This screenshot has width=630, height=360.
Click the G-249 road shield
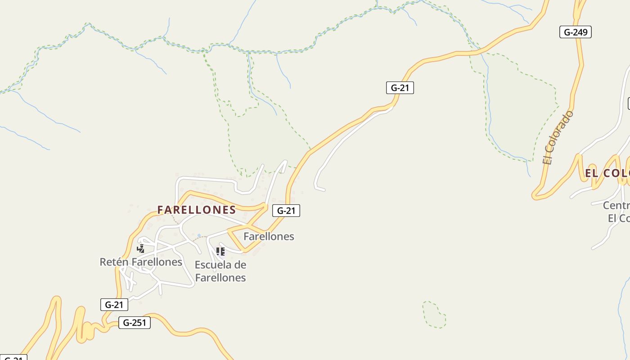point(575,32)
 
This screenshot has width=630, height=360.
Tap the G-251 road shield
point(134,323)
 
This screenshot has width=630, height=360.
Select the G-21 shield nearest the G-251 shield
point(114,305)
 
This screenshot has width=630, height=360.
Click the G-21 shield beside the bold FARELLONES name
point(286,210)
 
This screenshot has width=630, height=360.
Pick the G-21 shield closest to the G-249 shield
point(400,88)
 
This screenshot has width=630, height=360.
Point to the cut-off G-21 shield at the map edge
point(13,358)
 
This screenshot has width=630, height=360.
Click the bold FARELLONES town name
point(197,210)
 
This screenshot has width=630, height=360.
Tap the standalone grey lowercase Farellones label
point(269,236)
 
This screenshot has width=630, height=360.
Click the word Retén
point(114,262)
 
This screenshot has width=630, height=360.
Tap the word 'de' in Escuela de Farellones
point(240,265)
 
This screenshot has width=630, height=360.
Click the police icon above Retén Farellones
point(141,248)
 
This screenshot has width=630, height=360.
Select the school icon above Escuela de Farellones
point(220,251)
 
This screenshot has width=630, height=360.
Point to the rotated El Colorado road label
point(558,137)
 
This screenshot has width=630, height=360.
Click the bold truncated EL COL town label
point(607,173)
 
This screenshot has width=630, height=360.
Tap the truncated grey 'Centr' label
point(616,206)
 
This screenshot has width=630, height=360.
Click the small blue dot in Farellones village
point(199,235)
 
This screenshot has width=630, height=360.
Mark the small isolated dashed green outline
point(434,315)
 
